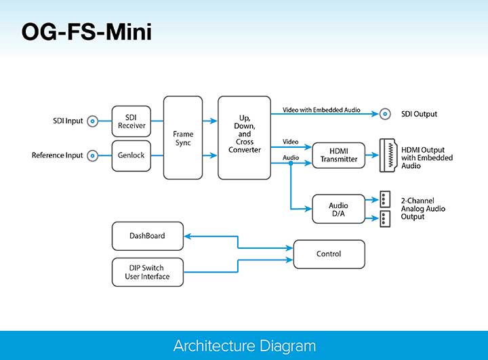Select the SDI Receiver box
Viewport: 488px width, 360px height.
131,121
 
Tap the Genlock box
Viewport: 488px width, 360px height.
131,155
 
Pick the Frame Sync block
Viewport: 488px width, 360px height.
183,138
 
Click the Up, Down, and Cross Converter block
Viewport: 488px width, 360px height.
244,138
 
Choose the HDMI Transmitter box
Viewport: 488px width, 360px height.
333,155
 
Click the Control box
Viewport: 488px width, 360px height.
329,254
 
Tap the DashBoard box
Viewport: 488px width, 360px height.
147,236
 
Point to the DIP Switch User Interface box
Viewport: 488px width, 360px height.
147,272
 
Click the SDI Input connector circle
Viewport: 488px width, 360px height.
93,121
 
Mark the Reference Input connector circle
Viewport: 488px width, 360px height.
93,155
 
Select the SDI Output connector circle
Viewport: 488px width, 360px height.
386,114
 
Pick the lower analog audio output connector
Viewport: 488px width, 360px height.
385,218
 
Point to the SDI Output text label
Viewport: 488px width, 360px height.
419,114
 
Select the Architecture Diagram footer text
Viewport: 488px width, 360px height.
244,346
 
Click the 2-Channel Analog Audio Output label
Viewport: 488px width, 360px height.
423,208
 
